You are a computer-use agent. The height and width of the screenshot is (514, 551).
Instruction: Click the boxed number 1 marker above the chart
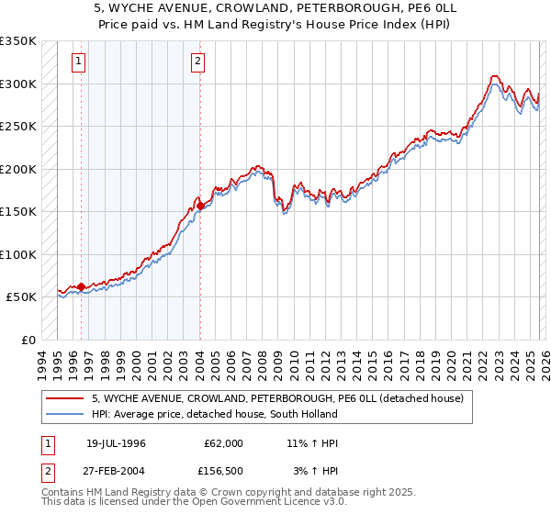coord(80,62)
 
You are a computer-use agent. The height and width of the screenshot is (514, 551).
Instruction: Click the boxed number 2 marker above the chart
coord(198,62)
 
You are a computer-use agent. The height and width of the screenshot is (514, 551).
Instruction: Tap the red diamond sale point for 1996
coord(81,287)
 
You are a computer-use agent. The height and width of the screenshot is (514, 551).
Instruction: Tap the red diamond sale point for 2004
coord(200,207)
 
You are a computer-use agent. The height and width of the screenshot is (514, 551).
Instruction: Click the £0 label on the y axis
coord(28,340)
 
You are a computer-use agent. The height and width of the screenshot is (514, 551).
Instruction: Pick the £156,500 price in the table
coord(224,470)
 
